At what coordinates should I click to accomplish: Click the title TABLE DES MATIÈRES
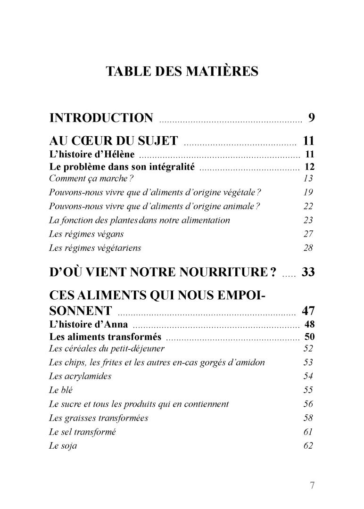(x=182, y=71)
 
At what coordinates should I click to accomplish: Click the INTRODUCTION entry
(x=101, y=118)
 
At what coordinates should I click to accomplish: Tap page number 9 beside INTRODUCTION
(x=311, y=118)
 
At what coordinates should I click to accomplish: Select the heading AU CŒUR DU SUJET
(x=113, y=140)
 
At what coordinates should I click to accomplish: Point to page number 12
(x=309, y=166)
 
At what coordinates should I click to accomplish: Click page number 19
(x=309, y=192)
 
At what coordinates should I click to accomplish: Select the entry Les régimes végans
(x=83, y=234)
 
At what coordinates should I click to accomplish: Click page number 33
(x=307, y=272)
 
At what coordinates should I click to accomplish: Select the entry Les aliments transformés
(x=105, y=337)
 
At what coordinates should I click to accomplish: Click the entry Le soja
(x=63, y=446)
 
